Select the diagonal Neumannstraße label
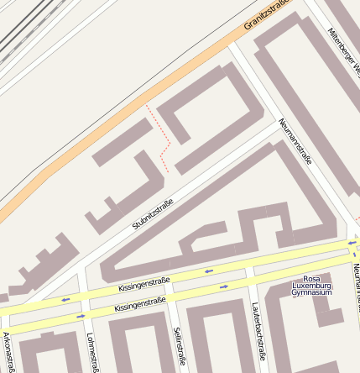coord(295,140)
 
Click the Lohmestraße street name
coord(92,351)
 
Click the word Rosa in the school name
coord(311,278)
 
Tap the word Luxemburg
coord(311,286)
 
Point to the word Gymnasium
coord(311,292)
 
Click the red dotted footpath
coord(162,139)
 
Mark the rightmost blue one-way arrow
coord(352,243)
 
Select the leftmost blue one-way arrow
coord(65,299)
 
